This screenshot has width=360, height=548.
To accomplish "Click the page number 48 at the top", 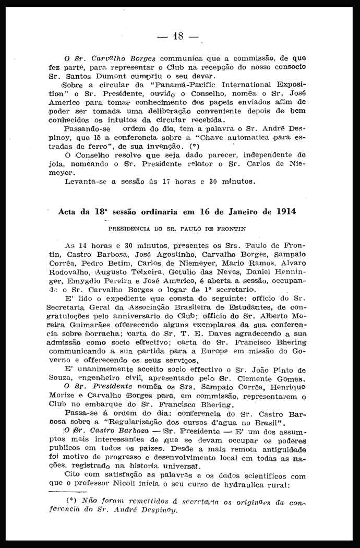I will coord(178,36).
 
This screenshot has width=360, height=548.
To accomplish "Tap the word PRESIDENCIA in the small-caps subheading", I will coord(126,229).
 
